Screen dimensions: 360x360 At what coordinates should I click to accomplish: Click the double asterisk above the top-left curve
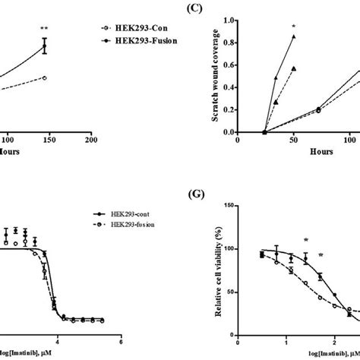[45, 31]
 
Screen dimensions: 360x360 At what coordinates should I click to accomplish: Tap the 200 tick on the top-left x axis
[90, 140]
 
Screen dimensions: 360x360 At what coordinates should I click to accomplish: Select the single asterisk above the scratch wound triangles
[293, 27]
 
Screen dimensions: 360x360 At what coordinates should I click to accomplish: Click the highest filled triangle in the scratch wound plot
[294, 36]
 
